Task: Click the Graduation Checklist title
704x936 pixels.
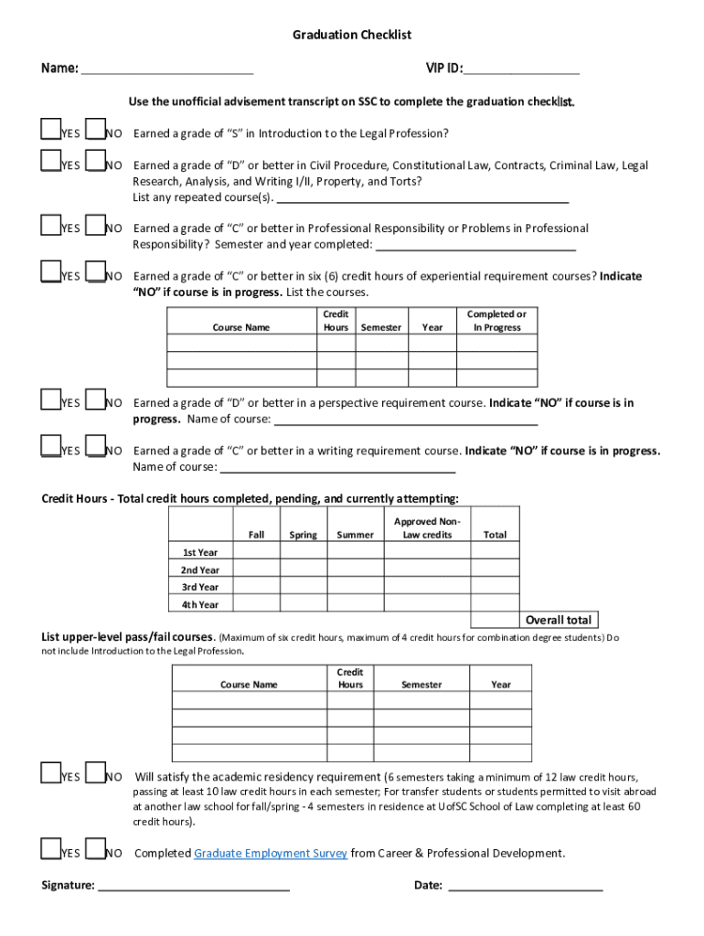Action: pos(352,35)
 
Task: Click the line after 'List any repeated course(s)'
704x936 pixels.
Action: pos(422,198)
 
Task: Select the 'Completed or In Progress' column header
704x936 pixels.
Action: pos(496,321)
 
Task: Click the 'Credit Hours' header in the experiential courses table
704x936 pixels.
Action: pos(336,321)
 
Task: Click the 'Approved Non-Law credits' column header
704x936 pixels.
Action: pos(427,528)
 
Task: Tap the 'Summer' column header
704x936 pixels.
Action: pos(355,535)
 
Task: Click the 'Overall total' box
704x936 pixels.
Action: pos(559,620)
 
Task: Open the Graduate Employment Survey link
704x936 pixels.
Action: pos(271,854)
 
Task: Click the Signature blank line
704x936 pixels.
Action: pos(194,885)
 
